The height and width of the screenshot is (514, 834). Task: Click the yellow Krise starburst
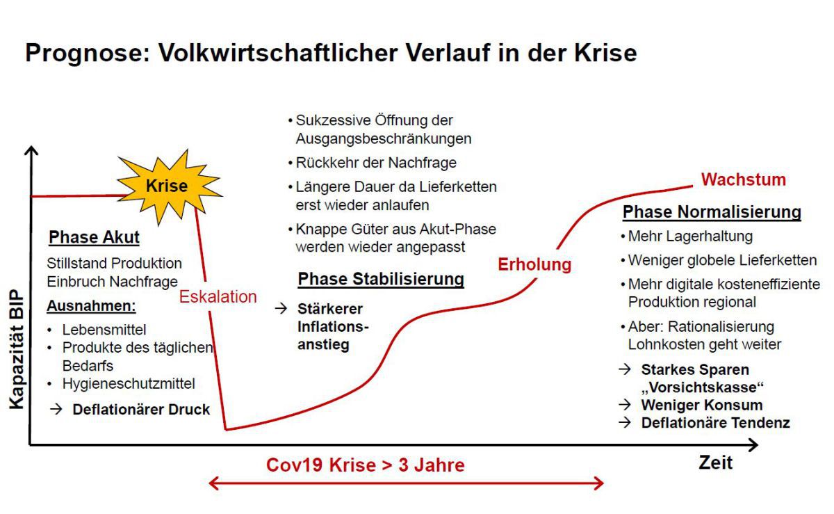click(170, 186)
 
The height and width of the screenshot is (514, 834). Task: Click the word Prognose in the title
click(88, 53)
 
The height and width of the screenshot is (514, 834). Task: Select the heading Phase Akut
click(95, 237)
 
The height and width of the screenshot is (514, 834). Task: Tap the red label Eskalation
click(218, 297)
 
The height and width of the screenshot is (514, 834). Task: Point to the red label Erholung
click(534, 264)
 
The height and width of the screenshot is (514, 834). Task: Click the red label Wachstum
click(744, 179)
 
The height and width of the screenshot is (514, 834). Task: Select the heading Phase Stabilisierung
click(381, 279)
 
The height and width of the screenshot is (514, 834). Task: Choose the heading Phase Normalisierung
click(712, 211)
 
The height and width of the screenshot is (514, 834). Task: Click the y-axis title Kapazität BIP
click(17, 349)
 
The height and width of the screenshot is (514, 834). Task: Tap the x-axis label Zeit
click(716, 463)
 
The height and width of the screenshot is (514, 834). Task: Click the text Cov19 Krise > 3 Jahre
click(366, 465)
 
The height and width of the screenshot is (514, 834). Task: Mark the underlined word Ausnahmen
click(91, 305)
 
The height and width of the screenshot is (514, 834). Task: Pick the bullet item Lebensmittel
click(104, 330)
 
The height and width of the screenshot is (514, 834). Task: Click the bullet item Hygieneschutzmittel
click(129, 383)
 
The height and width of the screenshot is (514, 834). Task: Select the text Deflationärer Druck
click(141, 409)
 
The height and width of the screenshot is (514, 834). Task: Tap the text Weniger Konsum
click(702, 405)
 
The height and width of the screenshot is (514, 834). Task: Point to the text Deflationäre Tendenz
click(716, 423)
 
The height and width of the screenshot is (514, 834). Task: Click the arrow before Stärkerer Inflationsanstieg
click(281, 308)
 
